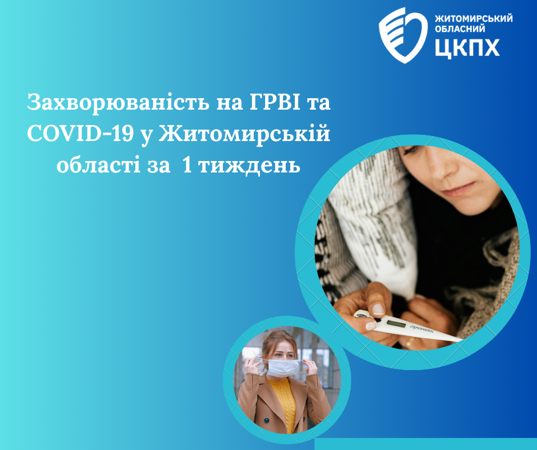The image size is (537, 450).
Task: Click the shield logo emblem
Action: point(403,35)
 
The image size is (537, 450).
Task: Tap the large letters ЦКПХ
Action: point(467,47)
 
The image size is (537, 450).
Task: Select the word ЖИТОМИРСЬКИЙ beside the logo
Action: point(473,18)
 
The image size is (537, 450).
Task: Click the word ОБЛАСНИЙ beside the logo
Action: point(460,29)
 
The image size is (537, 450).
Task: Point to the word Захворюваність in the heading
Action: point(118,102)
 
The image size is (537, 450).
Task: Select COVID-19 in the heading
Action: point(80,134)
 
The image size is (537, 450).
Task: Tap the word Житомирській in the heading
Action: point(244,134)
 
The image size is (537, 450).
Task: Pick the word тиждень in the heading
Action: point(249,166)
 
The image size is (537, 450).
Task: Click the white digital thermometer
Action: point(407,326)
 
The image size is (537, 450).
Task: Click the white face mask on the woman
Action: point(283,367)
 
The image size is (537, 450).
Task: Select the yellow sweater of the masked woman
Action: point(284,401)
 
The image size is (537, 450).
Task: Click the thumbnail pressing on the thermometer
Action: point(378,309)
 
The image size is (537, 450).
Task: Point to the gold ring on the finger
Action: point(410,341)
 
